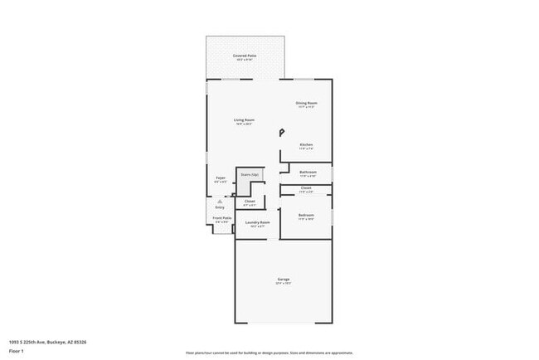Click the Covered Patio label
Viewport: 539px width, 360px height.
coord(245,56)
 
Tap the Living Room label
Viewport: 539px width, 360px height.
coord(244,120)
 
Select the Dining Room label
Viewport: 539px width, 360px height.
coord(307,103)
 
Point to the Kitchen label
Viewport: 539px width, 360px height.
coord(307,144)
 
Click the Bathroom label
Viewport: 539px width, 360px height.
coord(308,172)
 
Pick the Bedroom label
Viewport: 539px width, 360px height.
coord(306,216)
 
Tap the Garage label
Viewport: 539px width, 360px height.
coord(283,280)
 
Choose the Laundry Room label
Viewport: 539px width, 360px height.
coord(260,222)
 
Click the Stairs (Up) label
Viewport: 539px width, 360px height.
coord(250,175)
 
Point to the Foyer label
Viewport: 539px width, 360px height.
coord(221,178)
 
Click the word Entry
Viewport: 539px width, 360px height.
coord(220,207)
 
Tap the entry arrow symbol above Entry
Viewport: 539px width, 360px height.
coord(220,201)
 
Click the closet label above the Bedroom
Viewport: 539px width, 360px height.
coord(306,188)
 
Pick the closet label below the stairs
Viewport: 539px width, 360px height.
coord(250,202)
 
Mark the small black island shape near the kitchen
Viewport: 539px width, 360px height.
coord(281,131)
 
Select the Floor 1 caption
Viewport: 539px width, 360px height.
coord(17,351)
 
